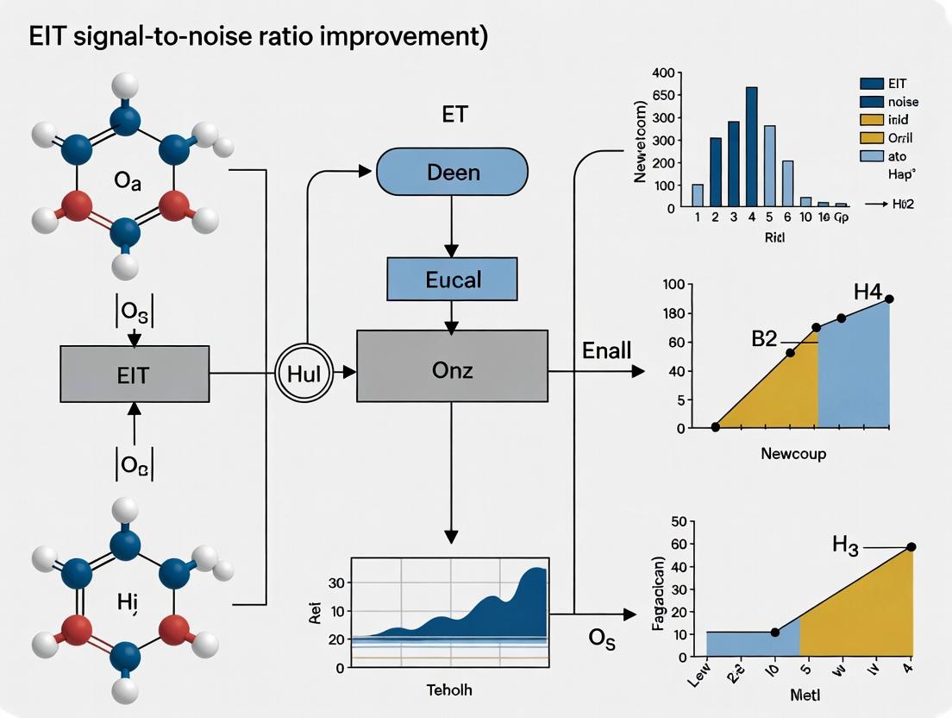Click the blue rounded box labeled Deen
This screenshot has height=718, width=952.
tap(452, 171)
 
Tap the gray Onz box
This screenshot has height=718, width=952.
tap(452, 366)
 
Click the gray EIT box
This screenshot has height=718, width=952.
tap(135, 374)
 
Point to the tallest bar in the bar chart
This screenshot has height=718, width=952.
tap(751, 147)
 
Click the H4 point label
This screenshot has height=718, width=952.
tap(867, 292)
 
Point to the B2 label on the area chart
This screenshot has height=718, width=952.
tap(764, 337)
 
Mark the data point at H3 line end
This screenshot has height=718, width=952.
tap(911, 547)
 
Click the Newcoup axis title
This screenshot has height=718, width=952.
tap(793, 453)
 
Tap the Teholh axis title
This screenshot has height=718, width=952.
tap(450, 690)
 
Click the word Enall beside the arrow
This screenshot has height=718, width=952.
tap(606, 350)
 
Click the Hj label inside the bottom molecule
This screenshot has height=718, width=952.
tap(127, 578)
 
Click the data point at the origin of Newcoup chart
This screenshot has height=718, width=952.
tap(715, 427)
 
